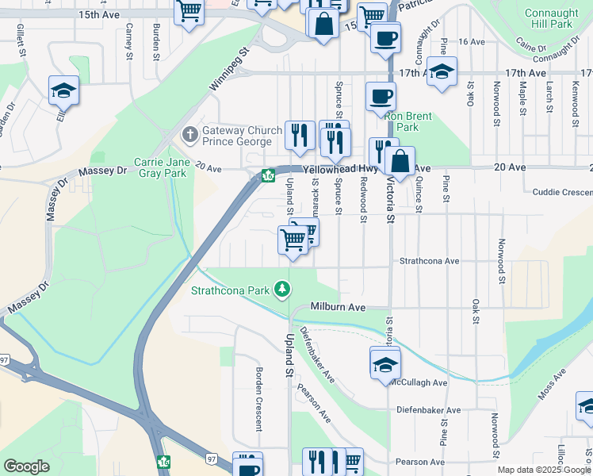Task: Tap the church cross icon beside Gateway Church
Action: click(189, 135)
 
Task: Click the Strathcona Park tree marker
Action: click(281, 289)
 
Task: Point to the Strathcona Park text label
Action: click(230, 290)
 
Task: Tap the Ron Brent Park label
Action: click(408, 121)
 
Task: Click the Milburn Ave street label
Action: click(338, 307)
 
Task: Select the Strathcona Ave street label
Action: click(429, 260)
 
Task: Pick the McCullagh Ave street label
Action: click(419, 382)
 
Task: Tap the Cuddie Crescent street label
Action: click(562, 192)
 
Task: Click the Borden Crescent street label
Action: click(258, 398)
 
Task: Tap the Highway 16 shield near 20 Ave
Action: click(268, 175)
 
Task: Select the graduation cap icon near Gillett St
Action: click(63, 91)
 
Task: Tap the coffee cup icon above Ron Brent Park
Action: click(381, 96)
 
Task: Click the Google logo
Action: click(27, 466)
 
